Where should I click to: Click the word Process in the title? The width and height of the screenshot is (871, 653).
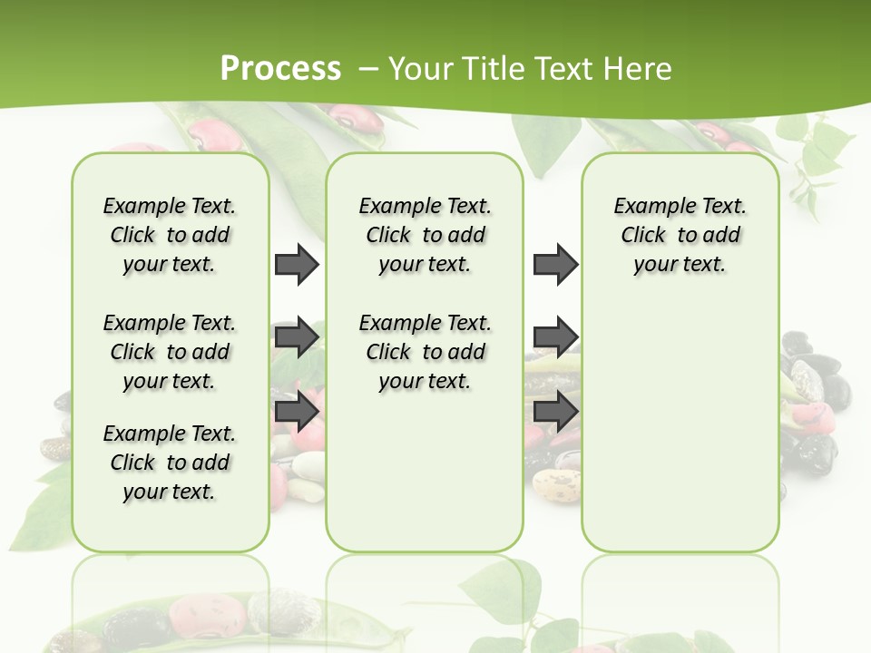(280, 69)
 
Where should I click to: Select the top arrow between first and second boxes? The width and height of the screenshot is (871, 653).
(297, 265)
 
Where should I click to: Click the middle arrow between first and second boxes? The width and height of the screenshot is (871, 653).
(297, 337)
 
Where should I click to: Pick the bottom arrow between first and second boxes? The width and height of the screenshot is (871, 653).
(297, 412)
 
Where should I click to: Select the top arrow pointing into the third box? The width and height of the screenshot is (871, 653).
(555, 265)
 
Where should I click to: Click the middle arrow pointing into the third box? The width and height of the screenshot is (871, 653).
(555, 337)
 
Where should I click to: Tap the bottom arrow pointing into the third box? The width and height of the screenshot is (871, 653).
(555, 412)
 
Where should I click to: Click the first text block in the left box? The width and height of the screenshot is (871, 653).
(170, 235)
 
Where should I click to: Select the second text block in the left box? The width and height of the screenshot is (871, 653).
(170, 352)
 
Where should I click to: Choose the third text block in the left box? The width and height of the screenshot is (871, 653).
(170, 463)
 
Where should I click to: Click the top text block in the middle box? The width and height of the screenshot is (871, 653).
(425, 235)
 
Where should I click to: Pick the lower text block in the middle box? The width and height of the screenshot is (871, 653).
(425, 352)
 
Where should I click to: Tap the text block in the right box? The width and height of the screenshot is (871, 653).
(680, 235)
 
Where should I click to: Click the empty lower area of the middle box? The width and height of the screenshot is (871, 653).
(425, 472)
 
